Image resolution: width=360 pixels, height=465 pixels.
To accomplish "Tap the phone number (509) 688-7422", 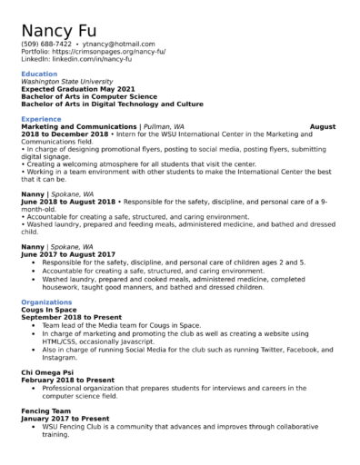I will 46,44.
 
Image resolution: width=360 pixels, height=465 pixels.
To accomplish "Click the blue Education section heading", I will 39,74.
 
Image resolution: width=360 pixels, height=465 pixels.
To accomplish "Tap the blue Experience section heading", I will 41,119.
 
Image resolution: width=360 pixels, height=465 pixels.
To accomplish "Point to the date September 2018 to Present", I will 70,316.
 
